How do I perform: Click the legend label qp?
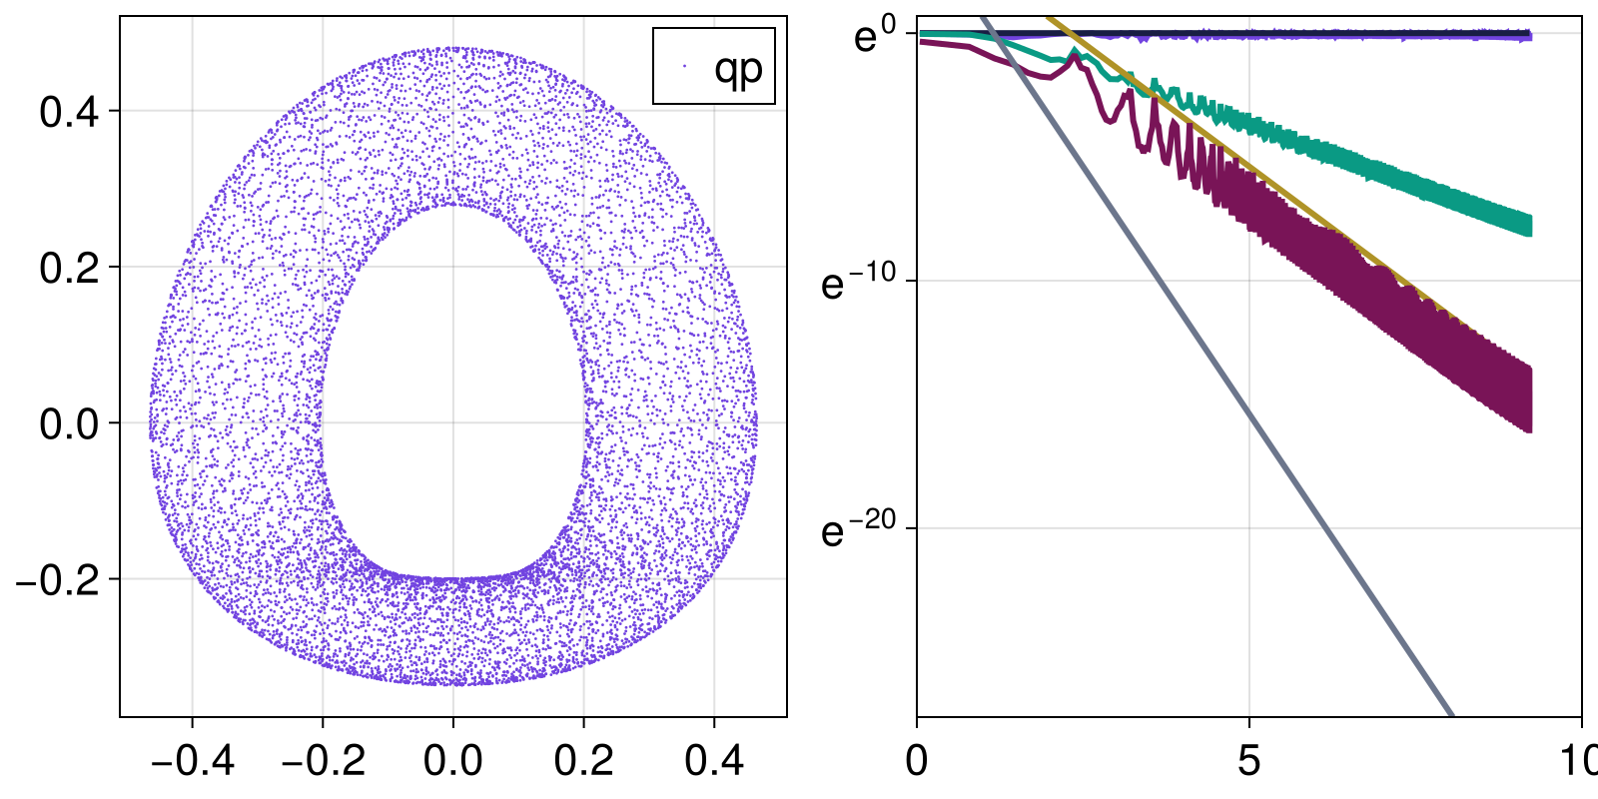(738, 68)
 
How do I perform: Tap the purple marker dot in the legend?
(684, 67)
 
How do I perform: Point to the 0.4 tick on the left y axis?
(70, 112)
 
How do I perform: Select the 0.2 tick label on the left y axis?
(70, 268)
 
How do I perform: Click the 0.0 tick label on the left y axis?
(70, 423)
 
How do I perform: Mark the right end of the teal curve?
(1528, 225)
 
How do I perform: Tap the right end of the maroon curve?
(1528, 399)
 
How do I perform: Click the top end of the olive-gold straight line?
(1049, 19)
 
